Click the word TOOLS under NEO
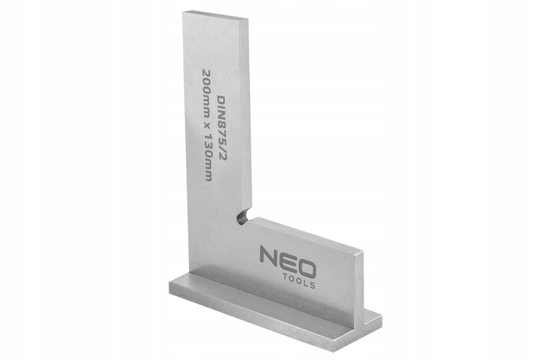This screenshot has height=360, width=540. (299, 282)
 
